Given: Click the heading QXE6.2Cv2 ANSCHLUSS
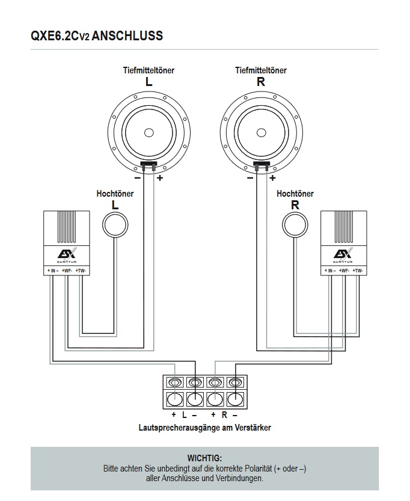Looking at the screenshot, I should (96, 36).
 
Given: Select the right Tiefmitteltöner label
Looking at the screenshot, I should (260, 70).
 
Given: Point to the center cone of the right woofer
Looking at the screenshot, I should (260, 132).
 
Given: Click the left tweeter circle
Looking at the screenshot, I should (115, 226).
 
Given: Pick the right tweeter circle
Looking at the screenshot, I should (295, 226).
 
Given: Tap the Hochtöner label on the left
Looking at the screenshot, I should (115, 194).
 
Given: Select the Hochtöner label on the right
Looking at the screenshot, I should (295, 194).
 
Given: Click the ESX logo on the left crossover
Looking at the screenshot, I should (67, 254).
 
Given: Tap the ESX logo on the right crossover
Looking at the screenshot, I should (343, 254).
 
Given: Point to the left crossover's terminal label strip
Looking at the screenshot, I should (67, 271).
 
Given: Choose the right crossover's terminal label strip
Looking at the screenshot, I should (343, 271).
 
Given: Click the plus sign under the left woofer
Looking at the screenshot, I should (160, 178).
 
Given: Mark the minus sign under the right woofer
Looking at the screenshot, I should (250, 178).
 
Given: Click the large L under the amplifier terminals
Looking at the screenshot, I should (185, 415).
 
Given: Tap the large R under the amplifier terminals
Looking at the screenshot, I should (224, 415).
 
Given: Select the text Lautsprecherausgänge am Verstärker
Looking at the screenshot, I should (204, 428).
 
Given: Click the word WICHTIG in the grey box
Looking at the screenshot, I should (204, 458).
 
